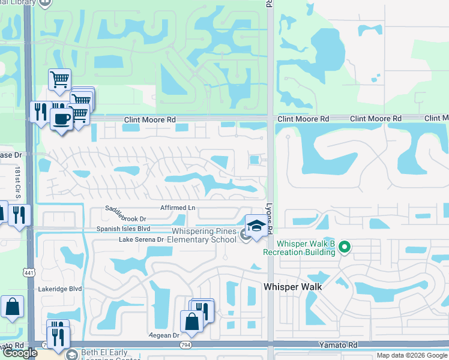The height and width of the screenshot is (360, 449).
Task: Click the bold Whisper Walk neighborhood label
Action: point(292,287)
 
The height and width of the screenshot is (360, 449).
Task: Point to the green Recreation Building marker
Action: point(344,247)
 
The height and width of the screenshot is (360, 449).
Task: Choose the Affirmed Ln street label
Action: point(178,208)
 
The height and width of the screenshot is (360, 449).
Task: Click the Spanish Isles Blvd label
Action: point(123,229)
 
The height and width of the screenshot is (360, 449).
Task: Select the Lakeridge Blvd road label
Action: point(58,288)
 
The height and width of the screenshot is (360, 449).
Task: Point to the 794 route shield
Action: point(186,344)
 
